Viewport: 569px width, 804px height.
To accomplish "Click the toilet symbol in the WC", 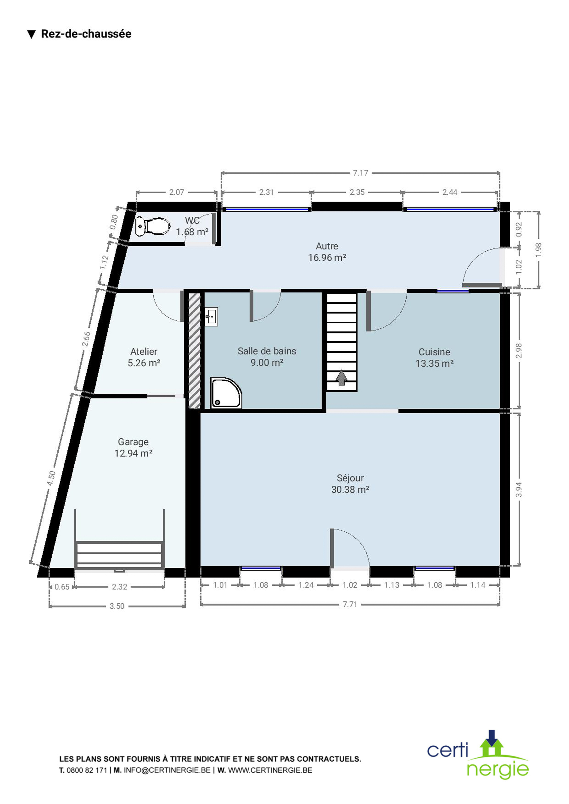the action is click(x=153, y=226).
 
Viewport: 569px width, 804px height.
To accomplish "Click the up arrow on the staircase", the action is click(x=342, y=377).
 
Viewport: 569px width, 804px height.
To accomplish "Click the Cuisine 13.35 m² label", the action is click(x=434, y=358).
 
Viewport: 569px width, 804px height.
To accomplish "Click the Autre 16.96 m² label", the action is click(x=327, y=252).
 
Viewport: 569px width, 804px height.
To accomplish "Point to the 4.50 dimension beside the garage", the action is click(x=52, y=478).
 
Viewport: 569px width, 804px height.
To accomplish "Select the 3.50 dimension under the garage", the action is click(x=117, y=606).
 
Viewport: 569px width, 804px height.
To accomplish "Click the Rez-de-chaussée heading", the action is click(x=86, y=34).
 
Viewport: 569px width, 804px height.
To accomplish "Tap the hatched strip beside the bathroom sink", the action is click(x=195, y=350).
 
